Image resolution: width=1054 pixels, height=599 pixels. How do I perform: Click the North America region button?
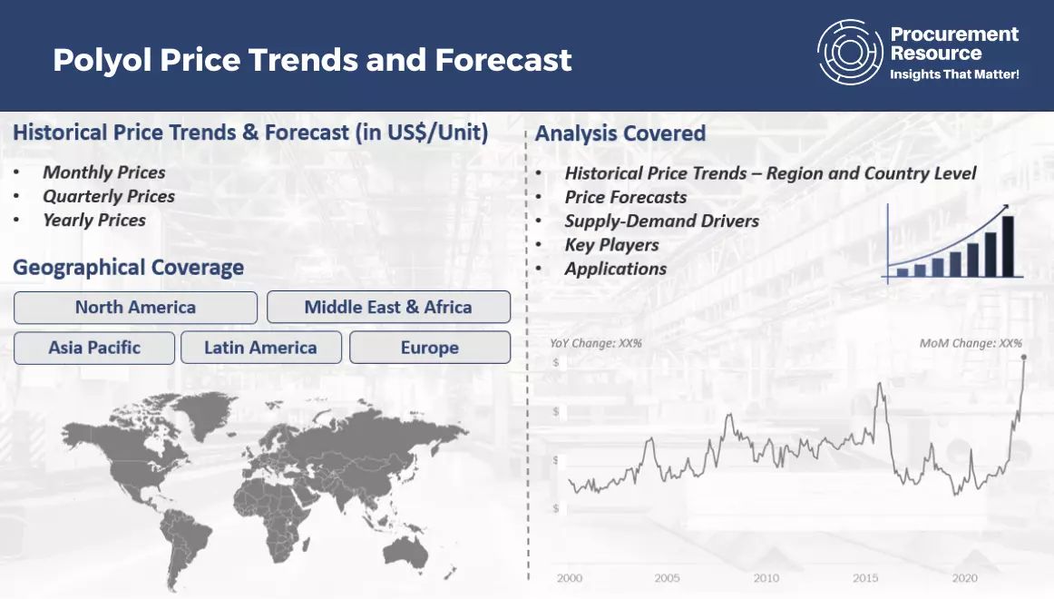tap(135, 308)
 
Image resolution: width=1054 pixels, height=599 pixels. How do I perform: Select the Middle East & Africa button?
tap(388, 308)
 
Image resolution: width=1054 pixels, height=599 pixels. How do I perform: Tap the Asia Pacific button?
tap(94, 348)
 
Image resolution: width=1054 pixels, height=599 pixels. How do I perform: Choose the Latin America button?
tap(261, 348)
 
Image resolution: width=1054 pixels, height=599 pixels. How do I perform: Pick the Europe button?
tap(430, 348)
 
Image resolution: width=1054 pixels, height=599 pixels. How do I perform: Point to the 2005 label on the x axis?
tap(667, 578)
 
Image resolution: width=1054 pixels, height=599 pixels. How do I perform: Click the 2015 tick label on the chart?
tap(865, 578)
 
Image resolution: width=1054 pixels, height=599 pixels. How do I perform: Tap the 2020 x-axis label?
tap(964, 578)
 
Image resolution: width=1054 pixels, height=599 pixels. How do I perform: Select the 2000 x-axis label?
tap(570, 578)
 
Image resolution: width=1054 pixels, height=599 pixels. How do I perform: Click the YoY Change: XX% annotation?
tap(596, 344)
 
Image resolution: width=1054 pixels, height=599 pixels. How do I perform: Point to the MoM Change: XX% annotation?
tap(971, 344)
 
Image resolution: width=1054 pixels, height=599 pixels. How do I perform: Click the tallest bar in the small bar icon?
tap(1008, 246)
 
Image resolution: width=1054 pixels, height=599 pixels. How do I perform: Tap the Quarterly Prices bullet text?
tap(109, 196)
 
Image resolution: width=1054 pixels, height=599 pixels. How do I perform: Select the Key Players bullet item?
tap(611, 245)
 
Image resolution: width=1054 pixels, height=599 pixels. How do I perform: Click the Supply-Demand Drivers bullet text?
tap(661, 221)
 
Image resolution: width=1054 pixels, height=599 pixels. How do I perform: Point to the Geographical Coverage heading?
tap(129, 268)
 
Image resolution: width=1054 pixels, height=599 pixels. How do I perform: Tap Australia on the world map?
tap(405, 553)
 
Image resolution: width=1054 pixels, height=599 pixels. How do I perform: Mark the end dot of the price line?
tap(1024, 358)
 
